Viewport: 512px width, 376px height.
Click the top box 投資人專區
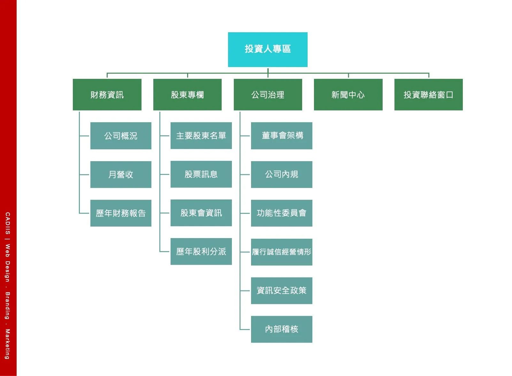click(x=268, y=49)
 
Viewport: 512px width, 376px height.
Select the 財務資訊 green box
click(x=107, y=95)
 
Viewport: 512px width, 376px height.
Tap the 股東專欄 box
click(x=187, y=95)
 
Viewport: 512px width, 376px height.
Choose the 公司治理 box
click(x=268, y=95)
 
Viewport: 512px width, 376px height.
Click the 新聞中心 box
click(x=348, y=95)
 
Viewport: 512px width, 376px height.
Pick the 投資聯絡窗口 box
click(x=428, y=95)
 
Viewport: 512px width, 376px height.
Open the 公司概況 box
click(x=121, y=136)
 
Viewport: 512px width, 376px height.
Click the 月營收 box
click(x=121, y=174)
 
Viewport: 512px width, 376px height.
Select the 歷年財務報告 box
click(x=121, y=213)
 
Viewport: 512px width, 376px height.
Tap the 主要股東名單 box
click(x=201, y=136)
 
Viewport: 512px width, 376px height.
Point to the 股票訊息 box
click(x=201, y=174)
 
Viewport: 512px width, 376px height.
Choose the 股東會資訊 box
click(x=201, y=213)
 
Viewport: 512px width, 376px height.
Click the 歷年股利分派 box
click(x=201, y=252)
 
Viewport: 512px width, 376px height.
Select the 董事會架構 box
click(x=281, y=136)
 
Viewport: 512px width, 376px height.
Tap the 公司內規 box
click(x=281, y=174)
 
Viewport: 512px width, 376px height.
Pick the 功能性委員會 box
click(x=281, y=213)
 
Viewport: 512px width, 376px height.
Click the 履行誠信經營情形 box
click(x=281, y=252)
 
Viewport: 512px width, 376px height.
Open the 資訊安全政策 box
click(x=281, y=290)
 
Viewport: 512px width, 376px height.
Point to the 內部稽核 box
click(x=281, y=329)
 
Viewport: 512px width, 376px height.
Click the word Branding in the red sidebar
click(x=7, y=305)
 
